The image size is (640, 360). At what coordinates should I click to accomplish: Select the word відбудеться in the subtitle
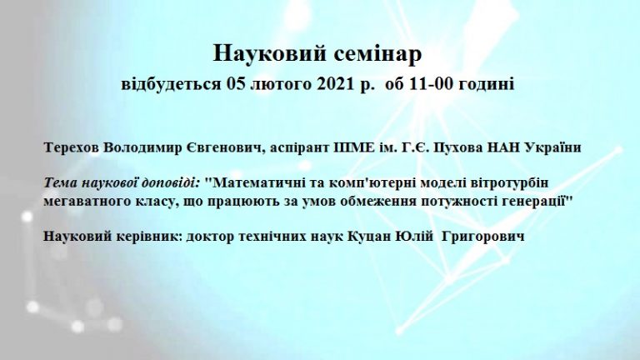[x=171, y=84]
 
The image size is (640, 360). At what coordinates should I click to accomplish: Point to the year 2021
[x=334, y=84]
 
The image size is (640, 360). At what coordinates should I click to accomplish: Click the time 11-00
[x=433, y=84]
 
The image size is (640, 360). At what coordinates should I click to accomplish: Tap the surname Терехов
[x=71, y=147]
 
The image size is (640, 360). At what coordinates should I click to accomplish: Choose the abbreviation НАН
[x=503, y=147]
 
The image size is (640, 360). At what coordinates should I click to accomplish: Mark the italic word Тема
[x=60, y=182]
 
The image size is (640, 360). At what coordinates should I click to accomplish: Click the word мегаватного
[x=83, y=201]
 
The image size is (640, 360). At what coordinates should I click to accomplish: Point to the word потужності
[x=460, y=201]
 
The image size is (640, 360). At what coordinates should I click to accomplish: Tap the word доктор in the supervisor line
[x=209, y=237]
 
